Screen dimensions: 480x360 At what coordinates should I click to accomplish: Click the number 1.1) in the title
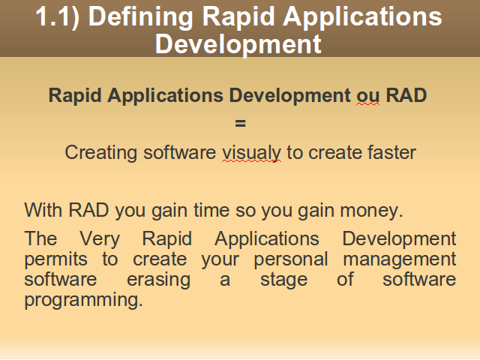tap(57, 16)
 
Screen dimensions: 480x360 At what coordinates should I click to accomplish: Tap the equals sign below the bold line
tap(240, 123)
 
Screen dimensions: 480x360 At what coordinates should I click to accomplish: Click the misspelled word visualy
tap(251, 153)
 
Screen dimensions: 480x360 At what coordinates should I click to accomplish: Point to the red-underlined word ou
tap(368, 96)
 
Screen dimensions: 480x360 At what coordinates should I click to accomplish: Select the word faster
tap(391, 152)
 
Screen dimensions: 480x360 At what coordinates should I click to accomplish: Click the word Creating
tap(100, 153)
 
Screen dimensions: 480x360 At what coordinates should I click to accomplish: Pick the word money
tap(371, 211)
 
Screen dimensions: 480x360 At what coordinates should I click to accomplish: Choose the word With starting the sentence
tap(43, 210)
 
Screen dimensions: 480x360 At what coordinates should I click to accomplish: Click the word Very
tap(100, 239)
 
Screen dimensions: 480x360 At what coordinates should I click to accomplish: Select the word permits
tap(55, 259)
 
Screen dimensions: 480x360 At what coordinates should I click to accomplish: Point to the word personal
tap(291, 259)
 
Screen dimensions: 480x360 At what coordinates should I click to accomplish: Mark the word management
tap(400, 259)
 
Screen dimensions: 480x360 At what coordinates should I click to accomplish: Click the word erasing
tap(158, 280)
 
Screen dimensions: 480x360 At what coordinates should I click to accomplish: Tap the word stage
tap(283, 280)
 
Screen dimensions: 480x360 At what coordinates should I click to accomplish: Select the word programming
tap(83, 300)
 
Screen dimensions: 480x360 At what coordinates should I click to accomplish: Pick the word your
tap(220, 260)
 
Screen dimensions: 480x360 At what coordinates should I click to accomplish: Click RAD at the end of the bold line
tap(406, 95)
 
